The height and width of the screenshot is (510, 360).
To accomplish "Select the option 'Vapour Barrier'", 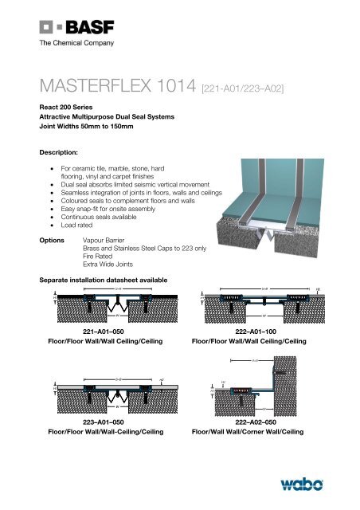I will tap(108, 238).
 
